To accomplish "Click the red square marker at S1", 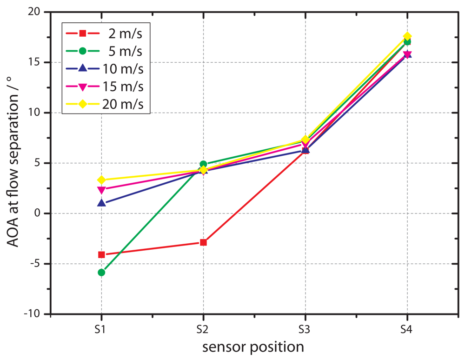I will coord(101,254).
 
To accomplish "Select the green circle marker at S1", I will coord(101,272).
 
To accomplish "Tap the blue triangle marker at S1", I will coord(101,203).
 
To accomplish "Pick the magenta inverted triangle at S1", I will coord(101,190).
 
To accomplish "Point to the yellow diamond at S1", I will coord(101,180).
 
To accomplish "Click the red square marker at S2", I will coord(203,242).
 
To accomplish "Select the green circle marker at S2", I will coord(203,164).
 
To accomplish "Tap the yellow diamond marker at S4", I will coord(407,36).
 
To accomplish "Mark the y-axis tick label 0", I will coord(41,213).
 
